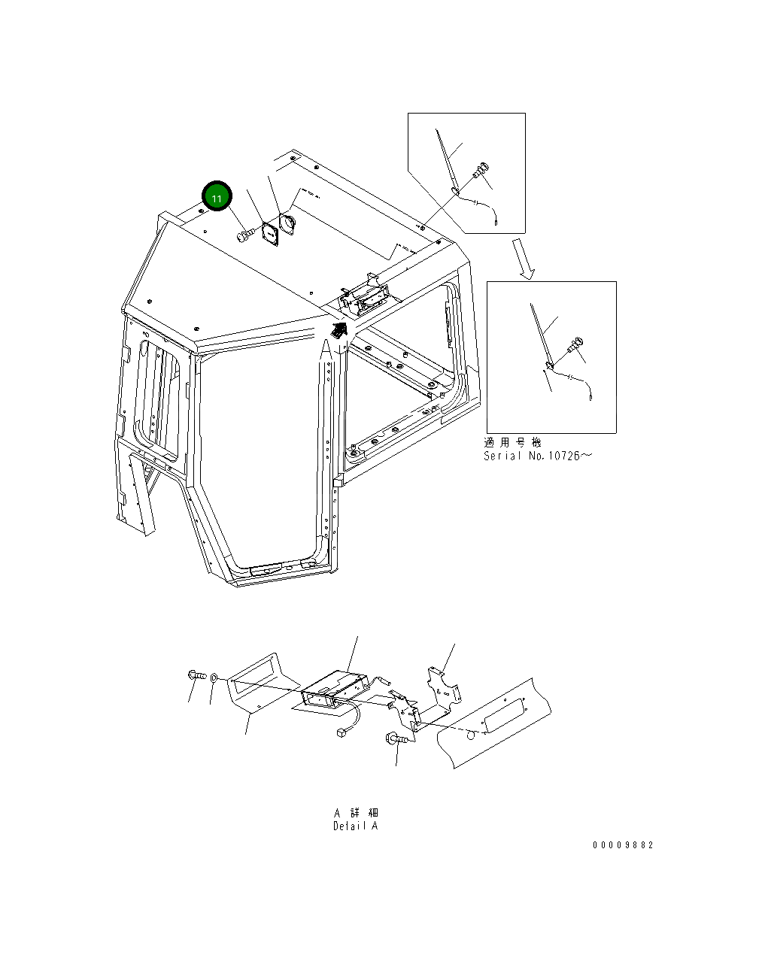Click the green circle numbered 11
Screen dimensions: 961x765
[217, 197]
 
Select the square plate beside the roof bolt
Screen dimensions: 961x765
[269, 234]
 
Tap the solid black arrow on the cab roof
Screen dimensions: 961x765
[338, 329]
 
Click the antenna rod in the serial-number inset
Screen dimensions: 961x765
[542, 335]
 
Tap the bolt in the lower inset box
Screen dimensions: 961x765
[575, 346]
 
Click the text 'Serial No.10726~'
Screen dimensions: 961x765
[537, 456]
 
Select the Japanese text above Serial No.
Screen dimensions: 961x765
[512, 443]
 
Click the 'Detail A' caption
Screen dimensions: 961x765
[356, 826]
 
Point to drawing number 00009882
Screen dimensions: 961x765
[623, 845]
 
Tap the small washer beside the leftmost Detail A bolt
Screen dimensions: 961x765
[214, 678]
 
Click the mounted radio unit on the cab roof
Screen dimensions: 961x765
[365, 295]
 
